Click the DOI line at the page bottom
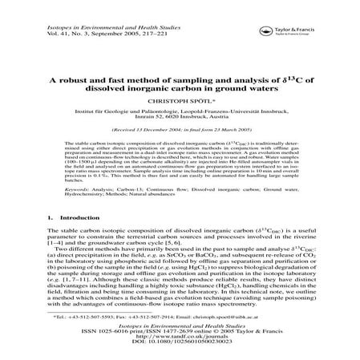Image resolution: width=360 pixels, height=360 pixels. (180, 344)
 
